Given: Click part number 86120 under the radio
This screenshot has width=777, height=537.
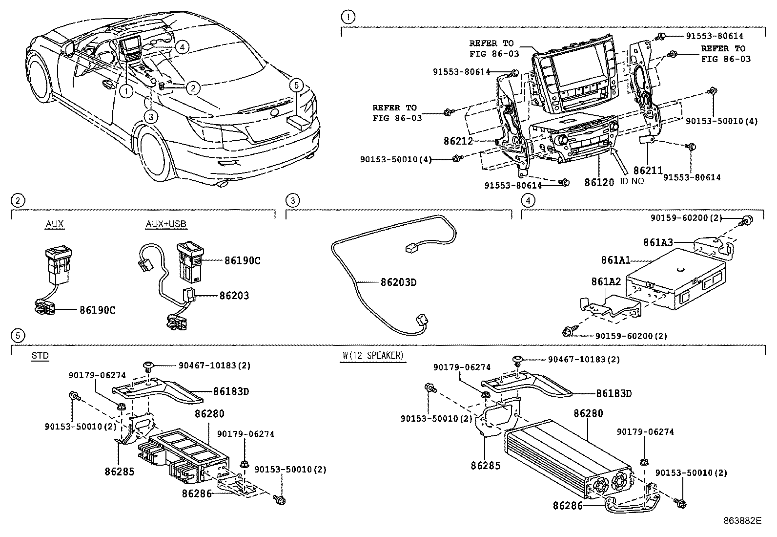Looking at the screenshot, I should tap(599, 183).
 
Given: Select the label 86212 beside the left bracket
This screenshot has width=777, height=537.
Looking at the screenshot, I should tap(458, 141).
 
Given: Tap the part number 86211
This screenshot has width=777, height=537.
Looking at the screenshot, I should tap(648, 171).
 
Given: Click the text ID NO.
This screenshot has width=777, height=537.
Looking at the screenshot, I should tap(633, 181).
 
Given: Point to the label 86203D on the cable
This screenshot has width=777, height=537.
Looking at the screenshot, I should tap(398, 282).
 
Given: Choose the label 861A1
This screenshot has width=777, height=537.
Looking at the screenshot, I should tap(615, 260).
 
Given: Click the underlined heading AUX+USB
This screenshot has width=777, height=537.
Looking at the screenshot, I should tap(166, 224).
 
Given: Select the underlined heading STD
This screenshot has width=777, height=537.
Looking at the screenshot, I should tap(40, 356).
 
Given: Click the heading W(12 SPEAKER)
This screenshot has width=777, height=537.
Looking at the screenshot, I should tap(373, 356).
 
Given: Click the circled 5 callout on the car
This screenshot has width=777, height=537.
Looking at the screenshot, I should tap(296, 86).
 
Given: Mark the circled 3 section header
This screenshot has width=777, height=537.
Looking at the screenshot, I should tap(292, 200).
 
